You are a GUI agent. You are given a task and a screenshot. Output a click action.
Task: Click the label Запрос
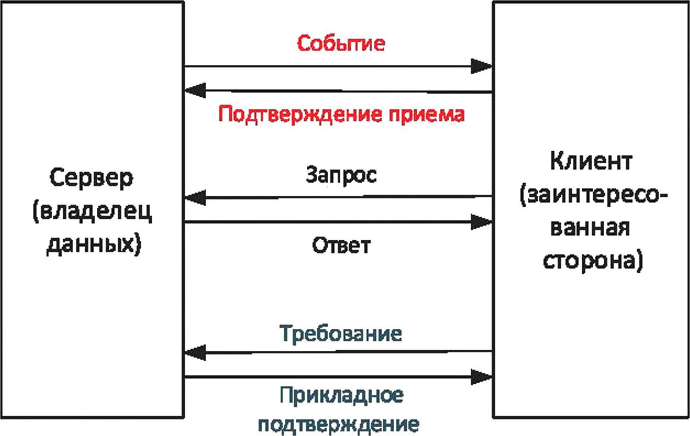click(341, 175)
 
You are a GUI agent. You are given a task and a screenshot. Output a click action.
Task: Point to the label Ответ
click(341, 245)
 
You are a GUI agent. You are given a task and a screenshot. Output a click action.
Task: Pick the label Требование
click(341, 333)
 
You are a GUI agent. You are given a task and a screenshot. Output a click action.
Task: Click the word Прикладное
click(341, 396)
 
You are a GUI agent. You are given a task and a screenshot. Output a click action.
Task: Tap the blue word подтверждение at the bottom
click(339, 425)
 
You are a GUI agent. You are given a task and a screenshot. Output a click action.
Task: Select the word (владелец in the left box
click(92, 213)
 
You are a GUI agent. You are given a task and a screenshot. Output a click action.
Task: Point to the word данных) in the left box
click(93, 245)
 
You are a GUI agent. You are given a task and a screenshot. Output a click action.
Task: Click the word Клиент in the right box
click(591, 161)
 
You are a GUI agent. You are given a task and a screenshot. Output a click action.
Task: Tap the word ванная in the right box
click(590, 228)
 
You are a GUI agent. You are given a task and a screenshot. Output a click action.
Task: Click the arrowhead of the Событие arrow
click(482, 66)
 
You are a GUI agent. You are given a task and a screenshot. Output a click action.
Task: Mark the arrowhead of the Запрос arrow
click(195, 197)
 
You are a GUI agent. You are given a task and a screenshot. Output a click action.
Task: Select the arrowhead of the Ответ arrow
click(482, 222)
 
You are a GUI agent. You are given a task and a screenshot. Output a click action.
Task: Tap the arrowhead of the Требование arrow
click(195, 352)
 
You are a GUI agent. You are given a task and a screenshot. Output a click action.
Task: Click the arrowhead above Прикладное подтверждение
click(482, 377)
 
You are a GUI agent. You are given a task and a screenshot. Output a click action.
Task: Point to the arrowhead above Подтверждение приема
click(195, 90)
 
